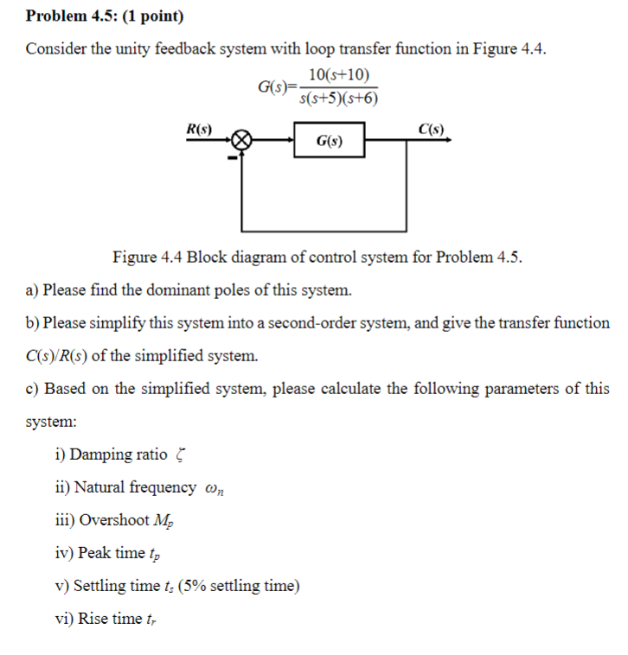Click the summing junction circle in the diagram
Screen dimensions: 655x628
(x=243, y=140)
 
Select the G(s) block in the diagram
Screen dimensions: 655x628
(x=328, y=140)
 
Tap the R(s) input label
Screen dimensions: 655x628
(x=200, y=128)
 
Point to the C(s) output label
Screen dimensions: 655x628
(x=430, y=129)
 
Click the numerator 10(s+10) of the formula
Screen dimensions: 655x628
(x=338, y=75)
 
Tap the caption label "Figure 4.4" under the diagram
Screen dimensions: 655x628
(x=148, y=257)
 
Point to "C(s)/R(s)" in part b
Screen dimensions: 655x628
(x=61, y=355)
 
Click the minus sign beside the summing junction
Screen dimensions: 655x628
(x=231, y=156)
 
